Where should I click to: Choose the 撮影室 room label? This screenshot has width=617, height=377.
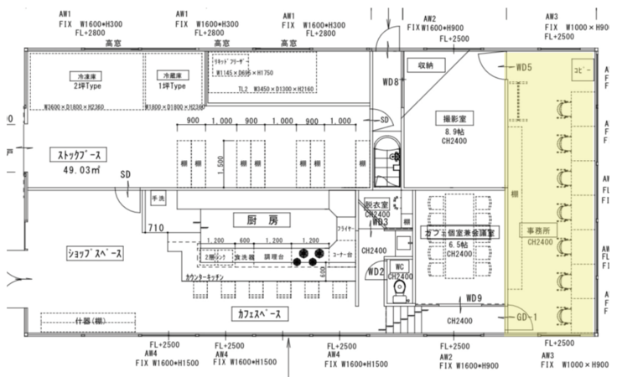tap(454, 120)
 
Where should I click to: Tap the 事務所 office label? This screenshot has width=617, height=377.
tap(538, 230)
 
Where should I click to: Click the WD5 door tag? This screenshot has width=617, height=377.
tap(524, 67)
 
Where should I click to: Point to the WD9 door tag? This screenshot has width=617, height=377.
tap(474, 298)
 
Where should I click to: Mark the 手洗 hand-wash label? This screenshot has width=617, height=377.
tap(158, 199)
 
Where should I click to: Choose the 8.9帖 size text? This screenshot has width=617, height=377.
tap(454, 132)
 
